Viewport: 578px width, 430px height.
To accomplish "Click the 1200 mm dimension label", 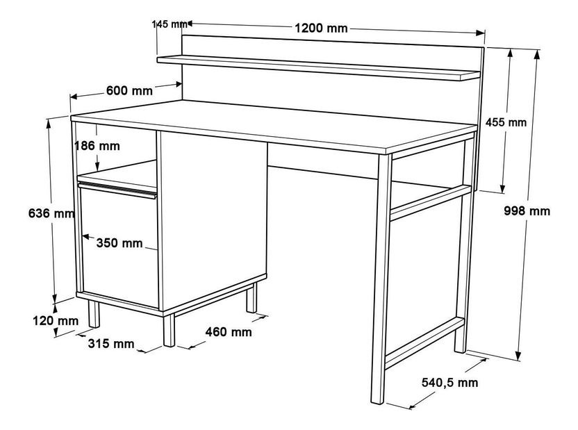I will tap(321, 28).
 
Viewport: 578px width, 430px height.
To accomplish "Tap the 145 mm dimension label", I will tap(168, 24).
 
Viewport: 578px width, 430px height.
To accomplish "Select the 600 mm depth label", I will tap(129, 91).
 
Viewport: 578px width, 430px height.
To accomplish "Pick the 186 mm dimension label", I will tap(97, 146).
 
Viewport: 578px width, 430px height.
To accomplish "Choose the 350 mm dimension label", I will tap(119, 242).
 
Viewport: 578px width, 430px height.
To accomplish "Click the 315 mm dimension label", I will tap(111, 344).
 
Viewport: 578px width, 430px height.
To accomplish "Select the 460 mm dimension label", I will tap(229, 332).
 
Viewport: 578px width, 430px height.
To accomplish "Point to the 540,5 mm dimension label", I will tap(450, 382).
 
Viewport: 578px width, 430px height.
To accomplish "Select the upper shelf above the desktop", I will tap(320, 66).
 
